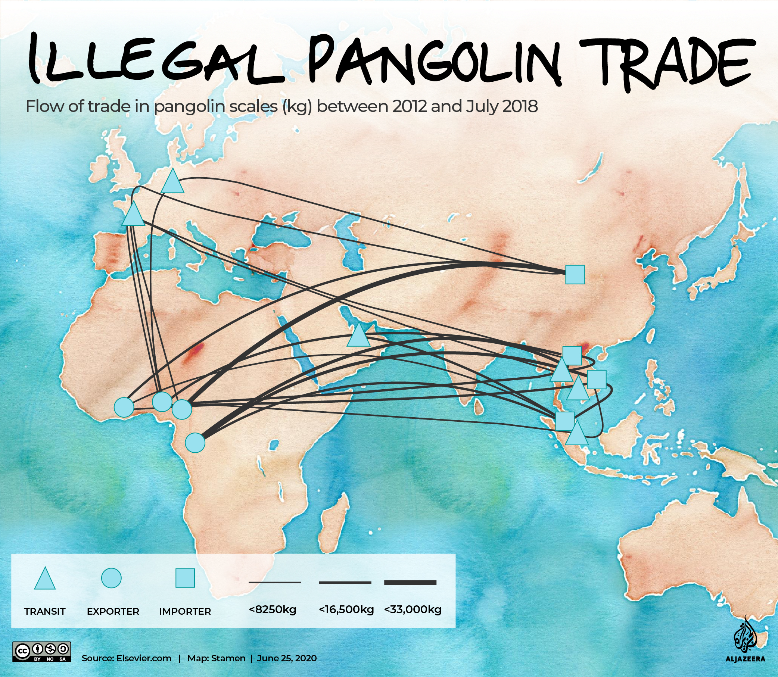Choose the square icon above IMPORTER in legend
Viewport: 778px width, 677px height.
pyautogui.click(x=185, y=578)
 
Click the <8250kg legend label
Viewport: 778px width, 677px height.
pyautogui.click(x=273, y=609)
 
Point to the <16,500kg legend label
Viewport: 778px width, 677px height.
pyautogui.click(x=346, y=609)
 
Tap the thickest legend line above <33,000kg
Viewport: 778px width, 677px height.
pyautogui.click(x=410, y=583)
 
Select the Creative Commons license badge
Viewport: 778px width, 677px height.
pyautogui.click(x=41, y=652)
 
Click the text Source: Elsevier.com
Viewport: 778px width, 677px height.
pyautogui.click(x=127, y=658)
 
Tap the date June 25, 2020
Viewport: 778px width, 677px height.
pyautogui.click(x=287, y=658)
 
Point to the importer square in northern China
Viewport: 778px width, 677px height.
pyautogui.click(x=575, y=274)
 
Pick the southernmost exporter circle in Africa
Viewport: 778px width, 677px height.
pyautogui.click(x=195, y=442)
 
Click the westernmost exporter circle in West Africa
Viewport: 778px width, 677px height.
pyautogui.click(x=124, y=408)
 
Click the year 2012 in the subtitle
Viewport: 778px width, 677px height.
pyautogui.click(x=410, y=107)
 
